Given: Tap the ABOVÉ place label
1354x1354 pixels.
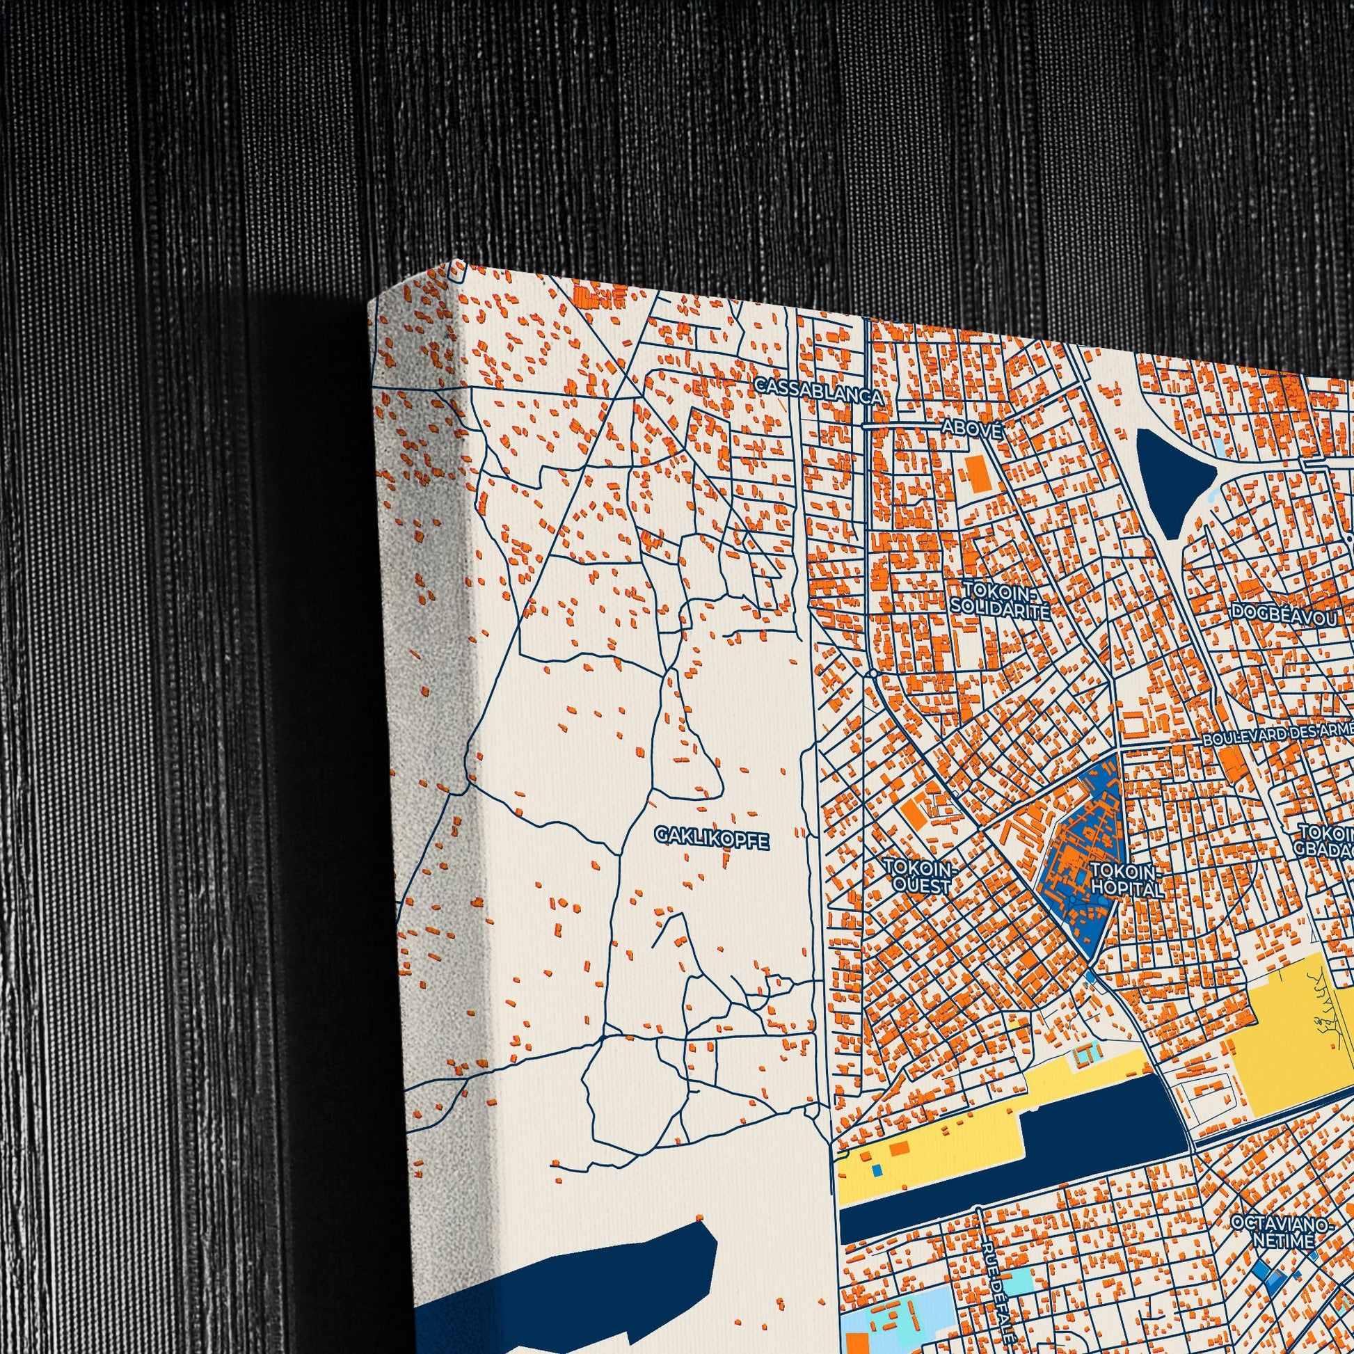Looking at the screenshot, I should coord(971,427).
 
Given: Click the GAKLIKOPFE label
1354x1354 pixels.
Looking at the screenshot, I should coord(712,837).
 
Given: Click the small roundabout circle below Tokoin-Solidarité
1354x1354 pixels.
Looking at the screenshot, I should coord(873,674).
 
